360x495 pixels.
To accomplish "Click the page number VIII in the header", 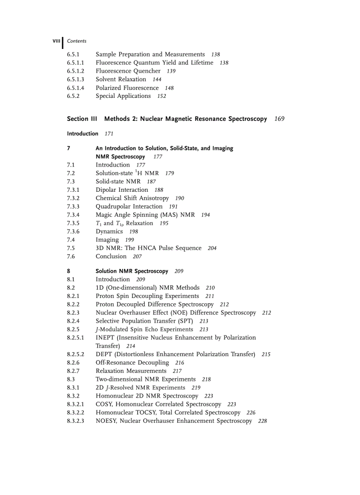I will [x=56, y=41].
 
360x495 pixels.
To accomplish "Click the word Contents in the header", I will [x=77, y=41].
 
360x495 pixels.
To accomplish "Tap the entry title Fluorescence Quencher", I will [x=128, y=71].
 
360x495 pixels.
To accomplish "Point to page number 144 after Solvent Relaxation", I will [x=157, y=80].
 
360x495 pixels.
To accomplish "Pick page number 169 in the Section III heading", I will [x=279, y=119].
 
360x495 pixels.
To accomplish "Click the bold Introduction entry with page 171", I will [x=82, y=134].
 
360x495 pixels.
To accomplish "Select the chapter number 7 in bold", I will [x=69, y=149].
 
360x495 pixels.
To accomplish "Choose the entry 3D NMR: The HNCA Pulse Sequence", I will [x=148, y=248].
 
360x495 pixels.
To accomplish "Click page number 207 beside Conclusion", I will [x=137, y=257].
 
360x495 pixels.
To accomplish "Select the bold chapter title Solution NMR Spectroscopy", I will [x=131, y=272].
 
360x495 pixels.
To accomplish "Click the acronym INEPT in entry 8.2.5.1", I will [x=105, y=338].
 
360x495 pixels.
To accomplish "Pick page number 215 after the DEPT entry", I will [x=266, y=354].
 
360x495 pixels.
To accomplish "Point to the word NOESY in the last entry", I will [x=106, y=421].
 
